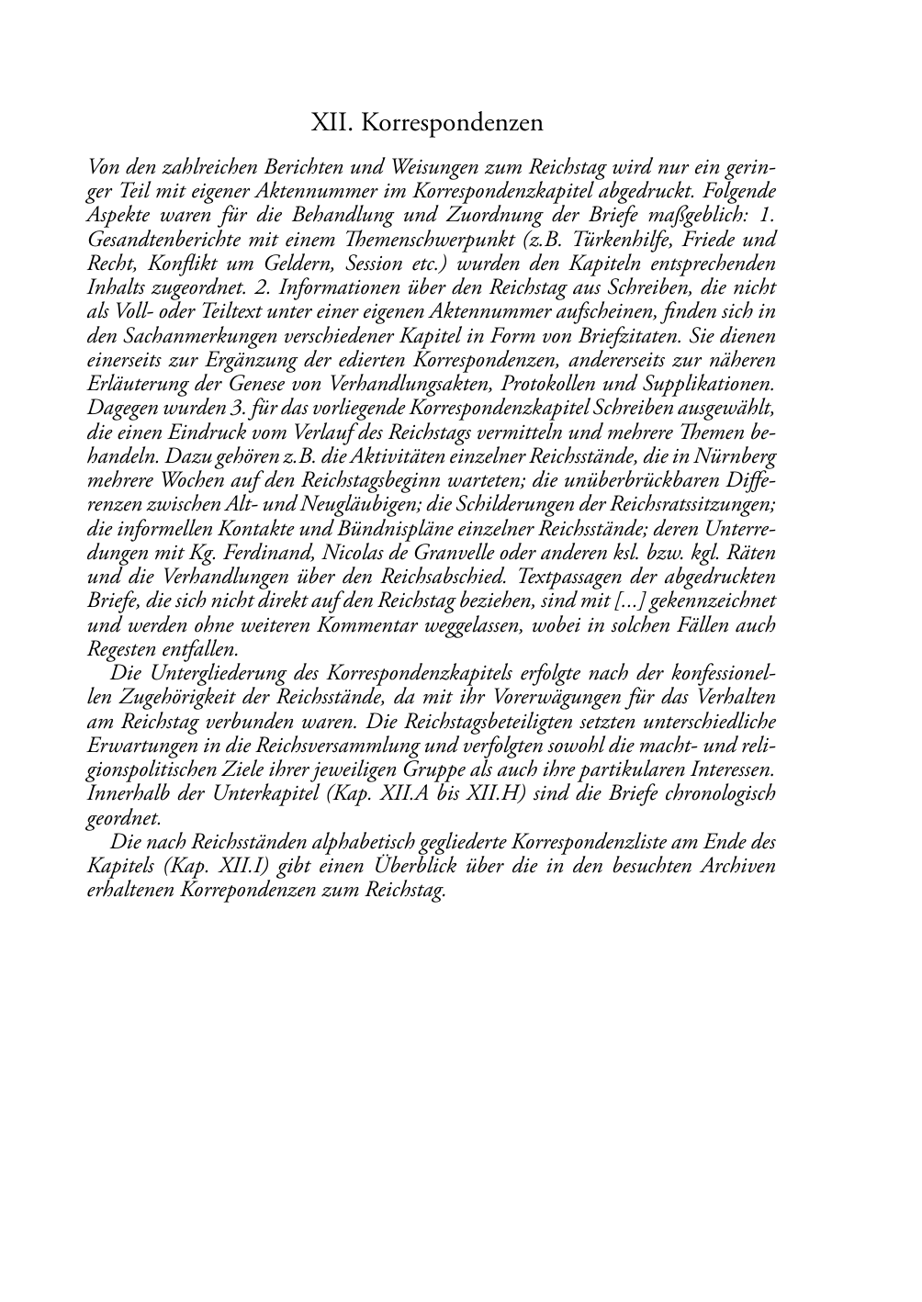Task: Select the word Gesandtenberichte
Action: (158, 240)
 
